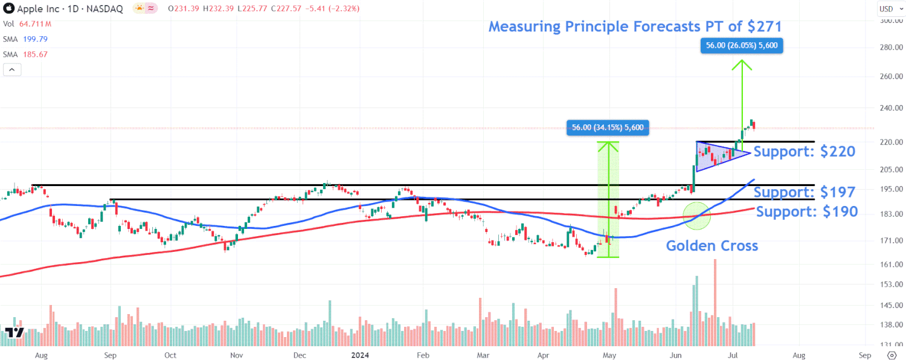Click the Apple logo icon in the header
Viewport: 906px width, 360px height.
(8, 9)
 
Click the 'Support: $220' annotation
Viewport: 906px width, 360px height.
(804, 152)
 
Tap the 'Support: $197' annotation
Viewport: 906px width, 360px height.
(804, 193)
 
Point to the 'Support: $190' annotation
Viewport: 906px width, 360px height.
(806, 212)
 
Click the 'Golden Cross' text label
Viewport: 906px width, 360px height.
(712, 246)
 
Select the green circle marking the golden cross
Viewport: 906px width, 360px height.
(696, 216)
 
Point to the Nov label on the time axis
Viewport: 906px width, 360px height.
(236, 355)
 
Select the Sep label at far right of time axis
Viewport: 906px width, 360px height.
(864, 355)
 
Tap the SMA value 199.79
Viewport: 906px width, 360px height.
(36, 39)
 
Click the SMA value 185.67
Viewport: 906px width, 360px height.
(36, 54)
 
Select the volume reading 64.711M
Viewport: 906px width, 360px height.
(35, 24)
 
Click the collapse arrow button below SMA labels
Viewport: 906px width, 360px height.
(12, 69)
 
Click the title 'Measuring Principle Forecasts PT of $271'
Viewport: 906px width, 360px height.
(635, 27)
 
